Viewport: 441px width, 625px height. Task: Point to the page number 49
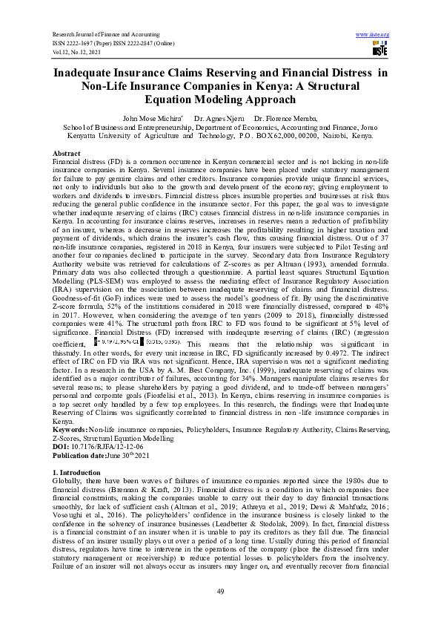point(220,591)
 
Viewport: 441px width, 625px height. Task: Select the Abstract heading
point(67,152)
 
